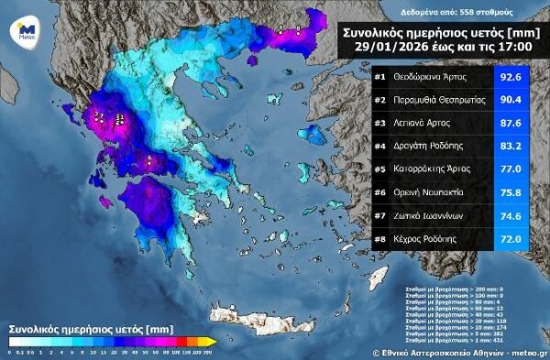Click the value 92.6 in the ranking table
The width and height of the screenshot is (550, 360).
point(511,79)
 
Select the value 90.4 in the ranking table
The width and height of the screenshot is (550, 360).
point(511,102)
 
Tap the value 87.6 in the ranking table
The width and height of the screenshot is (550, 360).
point(511,125)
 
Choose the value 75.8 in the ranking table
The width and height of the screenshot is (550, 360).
point(511,193)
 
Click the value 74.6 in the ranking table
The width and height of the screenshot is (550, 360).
point(511,216)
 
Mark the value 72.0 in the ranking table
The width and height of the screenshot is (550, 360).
point(511,239)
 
